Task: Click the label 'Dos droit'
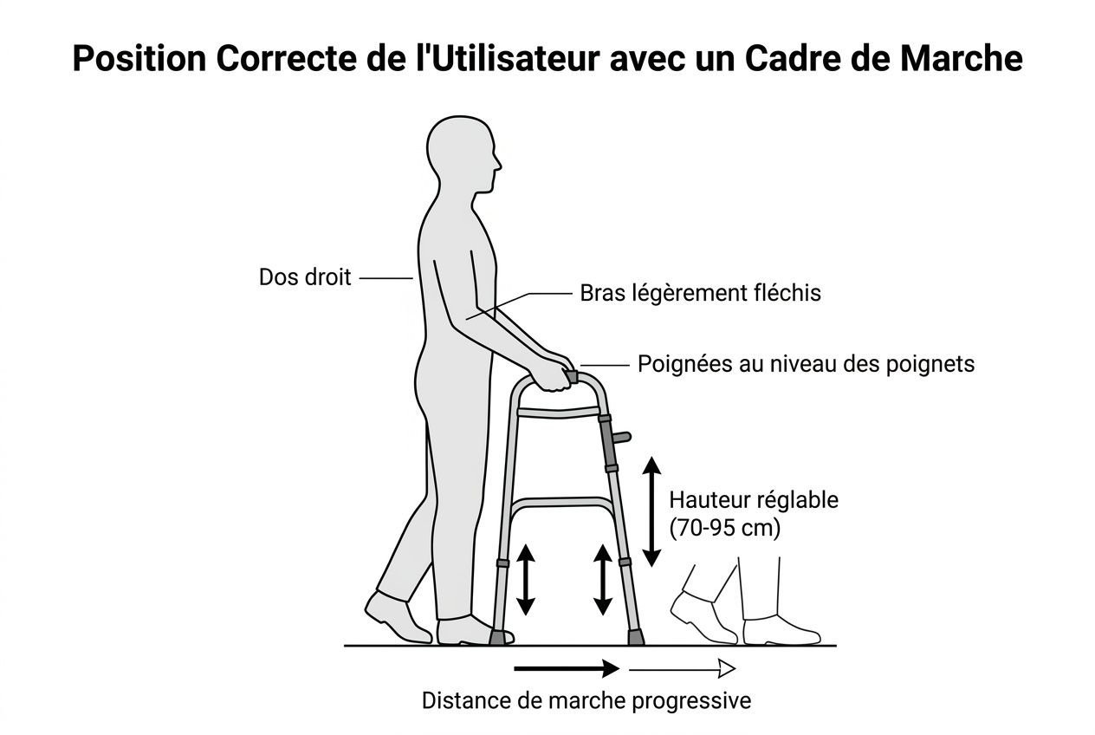[305, 277]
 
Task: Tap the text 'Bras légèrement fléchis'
[700, 293]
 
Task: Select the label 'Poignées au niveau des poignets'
[806, 363]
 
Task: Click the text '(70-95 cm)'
[725, 528]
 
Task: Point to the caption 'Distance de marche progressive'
[586, 700]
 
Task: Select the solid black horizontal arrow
[567, 668]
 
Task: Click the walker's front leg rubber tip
[636, 638]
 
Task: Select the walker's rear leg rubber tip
[498, 638]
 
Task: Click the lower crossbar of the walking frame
[561, 503]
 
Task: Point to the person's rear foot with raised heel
[396, 616]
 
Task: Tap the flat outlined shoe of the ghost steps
[780, 630]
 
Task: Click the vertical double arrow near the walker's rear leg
[526, 580]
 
